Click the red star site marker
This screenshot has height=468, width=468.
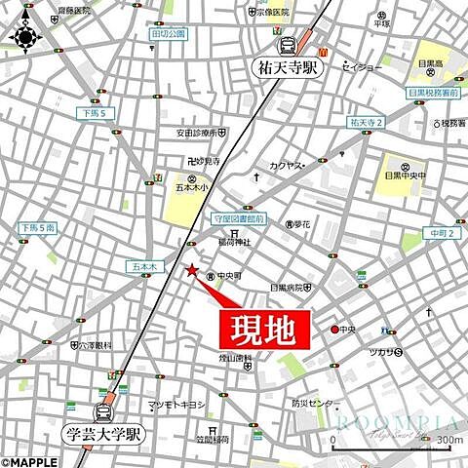[x=192, y=270]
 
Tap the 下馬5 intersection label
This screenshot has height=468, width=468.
[x=90, y=115]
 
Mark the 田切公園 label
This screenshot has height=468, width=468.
[x=168, y=33]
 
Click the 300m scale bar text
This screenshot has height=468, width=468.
[x=449, y=413]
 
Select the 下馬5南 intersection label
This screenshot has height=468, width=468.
[x=36, y=227]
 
